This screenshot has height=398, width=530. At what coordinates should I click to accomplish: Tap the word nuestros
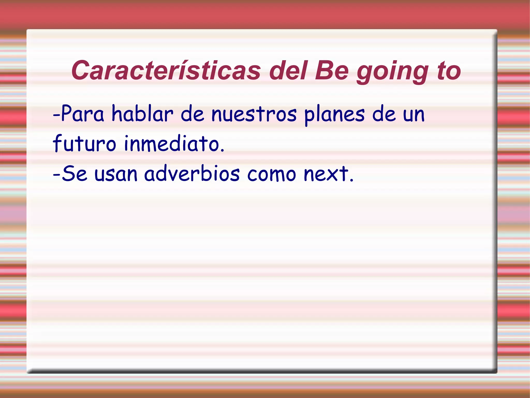(x=254, y=114)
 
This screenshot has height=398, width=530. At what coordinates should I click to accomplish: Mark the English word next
(x=326, y=174)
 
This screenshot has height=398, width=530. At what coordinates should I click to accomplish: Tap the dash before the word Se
(x=56, y=174)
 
